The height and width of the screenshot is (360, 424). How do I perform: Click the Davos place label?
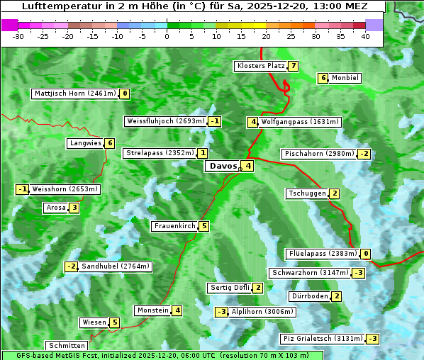(x=222, y=166)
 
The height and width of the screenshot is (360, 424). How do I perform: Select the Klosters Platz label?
(x=260, y=66)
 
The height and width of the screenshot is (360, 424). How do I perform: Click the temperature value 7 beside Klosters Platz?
(x=293, y=66)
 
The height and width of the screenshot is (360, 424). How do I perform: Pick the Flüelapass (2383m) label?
(x=322, y=254)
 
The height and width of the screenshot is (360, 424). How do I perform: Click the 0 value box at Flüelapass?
(x=366, y=254)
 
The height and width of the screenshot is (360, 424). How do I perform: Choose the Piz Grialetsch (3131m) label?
(x=323, y=339)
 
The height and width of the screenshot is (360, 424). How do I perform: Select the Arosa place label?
(x=55, y=208)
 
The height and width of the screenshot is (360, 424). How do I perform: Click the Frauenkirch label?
(x=174, y=226)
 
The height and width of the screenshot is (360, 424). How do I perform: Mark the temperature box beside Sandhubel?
(x=71, y=266)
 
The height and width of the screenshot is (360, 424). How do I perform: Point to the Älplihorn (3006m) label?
(x=262, y=311)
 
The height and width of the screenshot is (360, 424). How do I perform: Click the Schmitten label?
(x=66, y=346)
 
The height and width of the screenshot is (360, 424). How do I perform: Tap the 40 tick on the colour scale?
(x=364, y=36)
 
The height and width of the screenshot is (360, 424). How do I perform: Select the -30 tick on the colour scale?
(x=18, y=36)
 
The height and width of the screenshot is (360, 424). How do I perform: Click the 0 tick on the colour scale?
(x=167, y=36)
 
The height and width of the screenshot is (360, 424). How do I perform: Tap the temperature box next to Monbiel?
(x=323, y=78)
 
